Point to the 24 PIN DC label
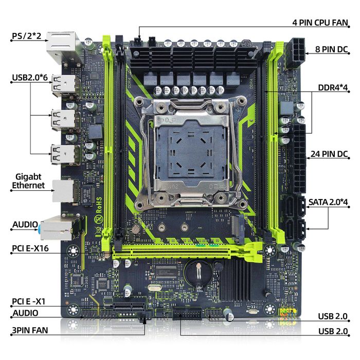tap(329, 154)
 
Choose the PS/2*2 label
tap(27, 37)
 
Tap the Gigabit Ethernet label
tap(28, 181)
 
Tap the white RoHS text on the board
tap(99, 205)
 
